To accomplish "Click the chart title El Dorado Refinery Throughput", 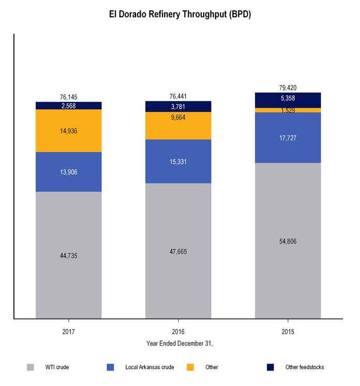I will click(x=180, y=14).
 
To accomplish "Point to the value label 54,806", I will click(x=288, y=242).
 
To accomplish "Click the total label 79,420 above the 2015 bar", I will click(x=288, y=88).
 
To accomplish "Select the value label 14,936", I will click(x=68, y=131).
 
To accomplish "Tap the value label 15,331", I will click(x=178, y=162).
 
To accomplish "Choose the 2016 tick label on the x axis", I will click(x=178, y=331).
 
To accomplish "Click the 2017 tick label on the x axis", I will click(x=68, y=331).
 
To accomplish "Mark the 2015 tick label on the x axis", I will click(x=288, y=331).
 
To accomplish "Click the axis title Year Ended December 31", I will click(x=179, y=343).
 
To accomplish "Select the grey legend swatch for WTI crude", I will click(x=31, y=367).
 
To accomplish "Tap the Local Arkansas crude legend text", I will click(x=149, y=367).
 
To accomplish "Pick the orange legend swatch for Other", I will click(x=190, y=367).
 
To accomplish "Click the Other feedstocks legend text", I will click(x=305, y=367).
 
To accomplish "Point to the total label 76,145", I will click(x=68, y=97).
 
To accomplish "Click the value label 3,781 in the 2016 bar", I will click(x=178, y=107).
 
